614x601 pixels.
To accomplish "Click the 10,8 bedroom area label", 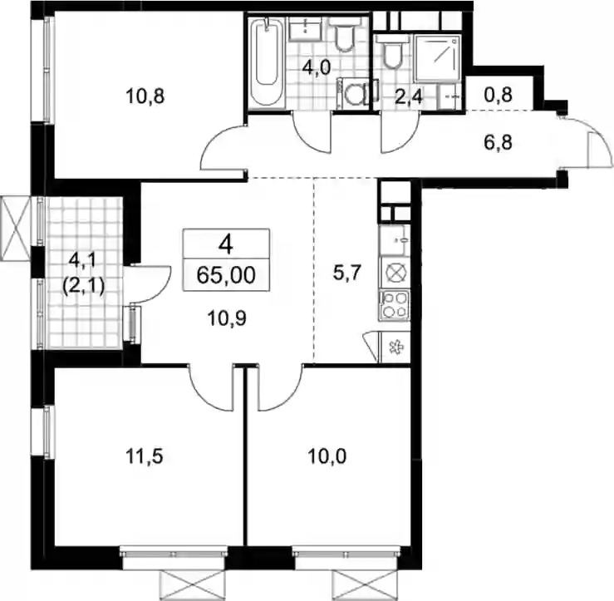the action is (145, 96).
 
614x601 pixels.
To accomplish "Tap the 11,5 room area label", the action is (144, 456).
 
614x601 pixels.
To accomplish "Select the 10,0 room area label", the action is (327, 456).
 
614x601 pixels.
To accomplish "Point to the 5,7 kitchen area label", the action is (346, 273).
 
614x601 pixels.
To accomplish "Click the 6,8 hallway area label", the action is (498, 142).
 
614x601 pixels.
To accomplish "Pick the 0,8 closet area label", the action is (498, 95).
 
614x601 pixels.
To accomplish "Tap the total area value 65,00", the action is (226, 275).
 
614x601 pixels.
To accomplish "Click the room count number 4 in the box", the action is (226, 246).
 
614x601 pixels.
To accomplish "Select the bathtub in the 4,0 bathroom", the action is (267, 62).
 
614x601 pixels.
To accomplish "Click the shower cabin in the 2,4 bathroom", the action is (437, 57).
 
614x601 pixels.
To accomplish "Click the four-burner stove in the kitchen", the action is (395, 305).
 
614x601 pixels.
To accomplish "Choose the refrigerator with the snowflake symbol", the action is (395, 347).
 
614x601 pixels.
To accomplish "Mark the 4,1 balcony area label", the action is (83, 259).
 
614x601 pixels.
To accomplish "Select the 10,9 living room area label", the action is (227, 318).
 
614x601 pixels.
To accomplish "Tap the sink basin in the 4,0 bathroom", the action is (305, 27).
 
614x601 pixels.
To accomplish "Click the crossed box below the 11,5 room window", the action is (194, 585).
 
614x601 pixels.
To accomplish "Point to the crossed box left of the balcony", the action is (15, 229).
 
